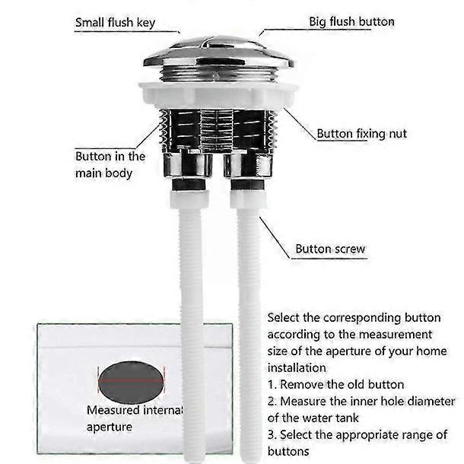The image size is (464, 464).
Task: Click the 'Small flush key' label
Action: click(115, 23)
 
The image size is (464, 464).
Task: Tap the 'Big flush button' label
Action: click(351, 21)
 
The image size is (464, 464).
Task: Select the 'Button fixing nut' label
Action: click(361, 134)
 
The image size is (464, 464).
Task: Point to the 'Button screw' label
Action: click(330, 249)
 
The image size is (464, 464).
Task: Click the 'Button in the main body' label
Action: click(110, 164)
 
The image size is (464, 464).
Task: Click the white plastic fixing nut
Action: click(218, 95)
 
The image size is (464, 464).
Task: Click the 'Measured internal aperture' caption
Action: click(135, 418)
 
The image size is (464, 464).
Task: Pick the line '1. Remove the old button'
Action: click(335, 384)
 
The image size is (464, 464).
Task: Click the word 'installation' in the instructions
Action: click(297, 368)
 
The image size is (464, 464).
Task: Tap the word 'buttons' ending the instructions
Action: click(288, 452)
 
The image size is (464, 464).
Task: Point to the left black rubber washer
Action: click(189, 185)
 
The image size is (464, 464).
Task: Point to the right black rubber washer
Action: click(247, 185)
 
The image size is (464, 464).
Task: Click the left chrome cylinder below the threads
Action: click(188, 164)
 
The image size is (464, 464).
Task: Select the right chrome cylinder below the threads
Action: click(248, 164)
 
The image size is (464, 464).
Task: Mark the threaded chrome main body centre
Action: click(218, 131)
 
